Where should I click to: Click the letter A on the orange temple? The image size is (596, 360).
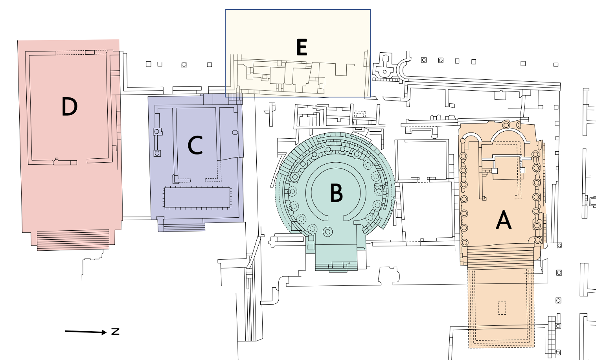pos(504,220)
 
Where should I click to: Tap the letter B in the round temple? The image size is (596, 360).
pos(336,193)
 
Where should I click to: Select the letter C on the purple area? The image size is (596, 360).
pos(195,145)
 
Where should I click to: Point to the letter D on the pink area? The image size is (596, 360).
pos(70,107)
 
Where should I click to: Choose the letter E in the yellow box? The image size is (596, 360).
pos(302,48)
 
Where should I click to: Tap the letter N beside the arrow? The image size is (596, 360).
pos(115,331)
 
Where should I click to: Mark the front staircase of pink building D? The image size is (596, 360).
pos(73,240)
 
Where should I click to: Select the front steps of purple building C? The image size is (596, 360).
pos(184,227)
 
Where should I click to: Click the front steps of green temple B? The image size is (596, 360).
pos(337,266)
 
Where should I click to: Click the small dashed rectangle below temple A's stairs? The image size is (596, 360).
pos(502,307)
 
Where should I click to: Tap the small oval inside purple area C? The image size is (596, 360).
pos(235,132)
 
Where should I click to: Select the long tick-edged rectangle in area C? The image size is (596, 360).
pos(197,198)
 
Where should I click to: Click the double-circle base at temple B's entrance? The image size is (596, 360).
pos(327,232)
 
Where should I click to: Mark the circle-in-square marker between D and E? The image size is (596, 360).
pos(184,64)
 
